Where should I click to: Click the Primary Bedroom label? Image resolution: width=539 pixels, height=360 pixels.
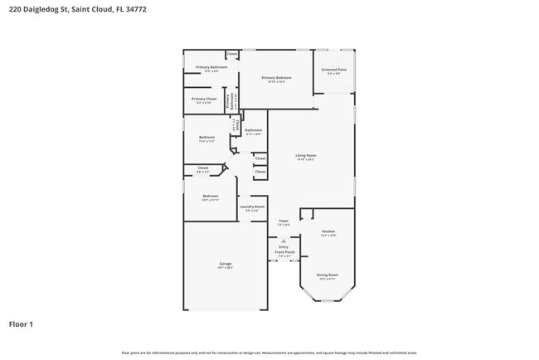(x=276, y=77)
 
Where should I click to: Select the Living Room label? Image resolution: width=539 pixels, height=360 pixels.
(x=306, y=155)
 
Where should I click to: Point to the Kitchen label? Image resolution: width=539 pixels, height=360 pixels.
(x=328, y=231)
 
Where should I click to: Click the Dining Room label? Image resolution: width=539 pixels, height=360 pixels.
(x=327, y=275)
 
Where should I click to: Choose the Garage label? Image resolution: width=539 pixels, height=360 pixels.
(x=226, y=265)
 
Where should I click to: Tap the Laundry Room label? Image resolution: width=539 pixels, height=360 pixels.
(x=252, y=207)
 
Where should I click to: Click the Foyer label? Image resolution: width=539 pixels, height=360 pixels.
(x=284, y=221)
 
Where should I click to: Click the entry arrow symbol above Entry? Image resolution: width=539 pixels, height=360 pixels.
(x=284, y=241)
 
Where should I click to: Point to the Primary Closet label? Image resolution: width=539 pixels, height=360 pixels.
(x=203, y=99)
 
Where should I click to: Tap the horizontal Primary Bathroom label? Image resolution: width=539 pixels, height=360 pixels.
(x=211, y=67)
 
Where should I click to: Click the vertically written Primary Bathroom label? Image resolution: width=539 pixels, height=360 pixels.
(x=228, y=99)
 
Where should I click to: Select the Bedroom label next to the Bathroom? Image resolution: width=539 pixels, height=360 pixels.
(x=206, y=137)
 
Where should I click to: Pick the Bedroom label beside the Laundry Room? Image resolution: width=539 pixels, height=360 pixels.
(x=210, y=196)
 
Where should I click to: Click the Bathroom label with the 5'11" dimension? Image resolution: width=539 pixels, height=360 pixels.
(x=253, y=130)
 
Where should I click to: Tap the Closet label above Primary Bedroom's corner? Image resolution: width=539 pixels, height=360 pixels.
(x=232, y=54)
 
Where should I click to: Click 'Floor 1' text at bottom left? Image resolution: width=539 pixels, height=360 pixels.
(x=21, y=324)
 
